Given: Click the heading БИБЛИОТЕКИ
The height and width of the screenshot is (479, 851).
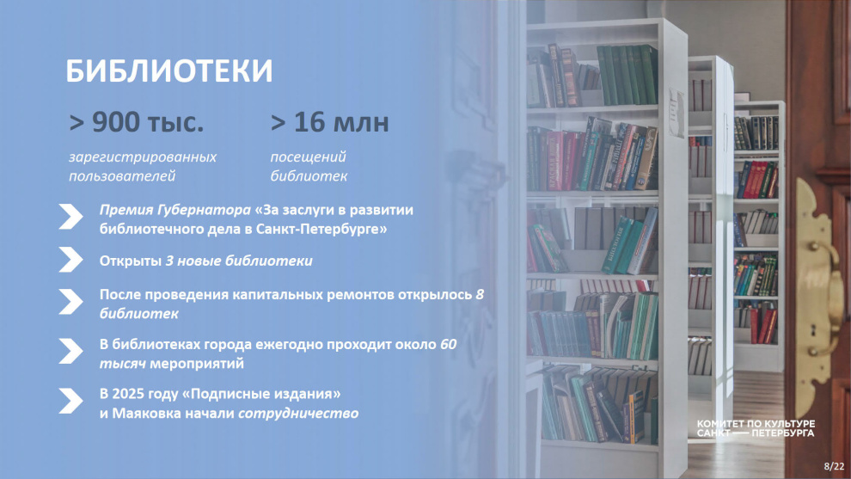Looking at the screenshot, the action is pos(168,71).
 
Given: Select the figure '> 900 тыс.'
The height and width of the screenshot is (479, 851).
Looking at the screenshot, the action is pos(136,122).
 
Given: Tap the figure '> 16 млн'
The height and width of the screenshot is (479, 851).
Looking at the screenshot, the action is pos(329,122).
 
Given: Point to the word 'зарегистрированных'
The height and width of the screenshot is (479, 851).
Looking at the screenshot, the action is pos(142,157).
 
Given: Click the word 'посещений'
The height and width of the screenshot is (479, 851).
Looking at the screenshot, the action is pos(308,157).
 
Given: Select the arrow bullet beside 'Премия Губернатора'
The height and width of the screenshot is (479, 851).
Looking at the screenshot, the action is pos(70,217).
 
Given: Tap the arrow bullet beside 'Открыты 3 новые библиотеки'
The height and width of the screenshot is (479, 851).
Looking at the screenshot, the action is pos(70,260).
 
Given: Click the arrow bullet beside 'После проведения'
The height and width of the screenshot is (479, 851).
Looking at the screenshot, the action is pos(70,301).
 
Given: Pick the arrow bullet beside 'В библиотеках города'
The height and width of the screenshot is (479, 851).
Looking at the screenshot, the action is pos(70,352).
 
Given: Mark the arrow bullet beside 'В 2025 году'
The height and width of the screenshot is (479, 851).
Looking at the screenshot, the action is pos(70,401).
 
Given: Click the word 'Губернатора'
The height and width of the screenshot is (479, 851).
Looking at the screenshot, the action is pos(204,210).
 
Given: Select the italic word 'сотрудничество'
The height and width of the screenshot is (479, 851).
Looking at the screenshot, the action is pos(298,414).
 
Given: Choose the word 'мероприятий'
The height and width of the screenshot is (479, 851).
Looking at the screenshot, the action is pos(197,364).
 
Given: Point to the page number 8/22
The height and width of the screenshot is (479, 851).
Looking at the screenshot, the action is pos(834,466).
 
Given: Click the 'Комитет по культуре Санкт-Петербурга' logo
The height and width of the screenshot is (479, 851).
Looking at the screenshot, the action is pos(756,428).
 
